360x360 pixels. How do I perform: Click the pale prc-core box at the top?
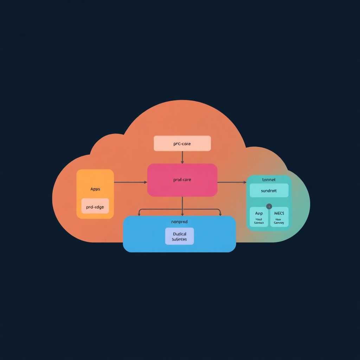pos(182,143)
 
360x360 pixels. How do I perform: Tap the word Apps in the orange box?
pos(95,189)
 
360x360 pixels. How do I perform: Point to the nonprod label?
pos(179,222)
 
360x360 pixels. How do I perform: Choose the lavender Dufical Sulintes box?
pos(179,236)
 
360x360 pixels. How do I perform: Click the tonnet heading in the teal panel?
pos(269,180)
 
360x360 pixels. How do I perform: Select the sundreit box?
pos(269,191)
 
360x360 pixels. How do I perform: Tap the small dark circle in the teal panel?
pos(269,206)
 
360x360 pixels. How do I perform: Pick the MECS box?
pos(279,217)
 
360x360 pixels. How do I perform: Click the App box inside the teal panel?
pos(259,217)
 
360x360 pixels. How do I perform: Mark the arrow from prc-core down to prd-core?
pos(182,157)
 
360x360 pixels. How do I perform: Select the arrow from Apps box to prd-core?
pos(130,182)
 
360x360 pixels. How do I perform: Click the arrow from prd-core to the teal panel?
pos(232,182)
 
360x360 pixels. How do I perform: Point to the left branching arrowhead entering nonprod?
pos(139,214)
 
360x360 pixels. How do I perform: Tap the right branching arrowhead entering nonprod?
pos(220,214)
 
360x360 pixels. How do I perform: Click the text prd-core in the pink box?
pos(182,180)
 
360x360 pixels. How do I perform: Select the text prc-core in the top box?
pos(182,144)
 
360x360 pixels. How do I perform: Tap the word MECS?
pos(279,213)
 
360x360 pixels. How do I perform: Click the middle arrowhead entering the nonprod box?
pos(182,214)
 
